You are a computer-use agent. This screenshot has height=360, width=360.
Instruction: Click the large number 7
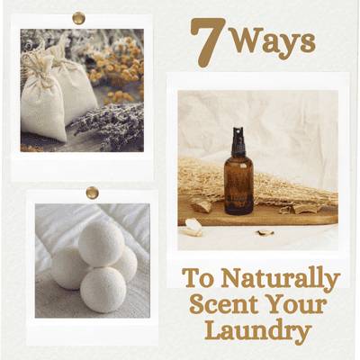tap(208, 42)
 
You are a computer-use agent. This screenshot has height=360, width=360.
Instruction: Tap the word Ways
tap(274, 44)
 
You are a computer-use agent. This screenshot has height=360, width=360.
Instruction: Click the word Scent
tap(224, 304)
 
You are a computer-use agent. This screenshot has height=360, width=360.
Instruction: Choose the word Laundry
tap(258, 331)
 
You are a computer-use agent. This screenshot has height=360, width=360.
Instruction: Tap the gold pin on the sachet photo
tap(79, 18)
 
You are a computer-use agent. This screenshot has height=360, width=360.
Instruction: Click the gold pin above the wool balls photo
tap(92, 193)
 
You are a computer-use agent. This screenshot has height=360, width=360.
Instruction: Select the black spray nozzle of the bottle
tap(238, 140)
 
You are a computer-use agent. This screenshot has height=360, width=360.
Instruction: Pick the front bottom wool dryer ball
tap(103, 290)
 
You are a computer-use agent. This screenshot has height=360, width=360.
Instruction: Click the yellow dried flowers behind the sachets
tap(119, 65)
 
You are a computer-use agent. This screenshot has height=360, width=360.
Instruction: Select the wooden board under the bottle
tap(258, 213)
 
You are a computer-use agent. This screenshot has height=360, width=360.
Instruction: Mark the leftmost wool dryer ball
tap(67, 267)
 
